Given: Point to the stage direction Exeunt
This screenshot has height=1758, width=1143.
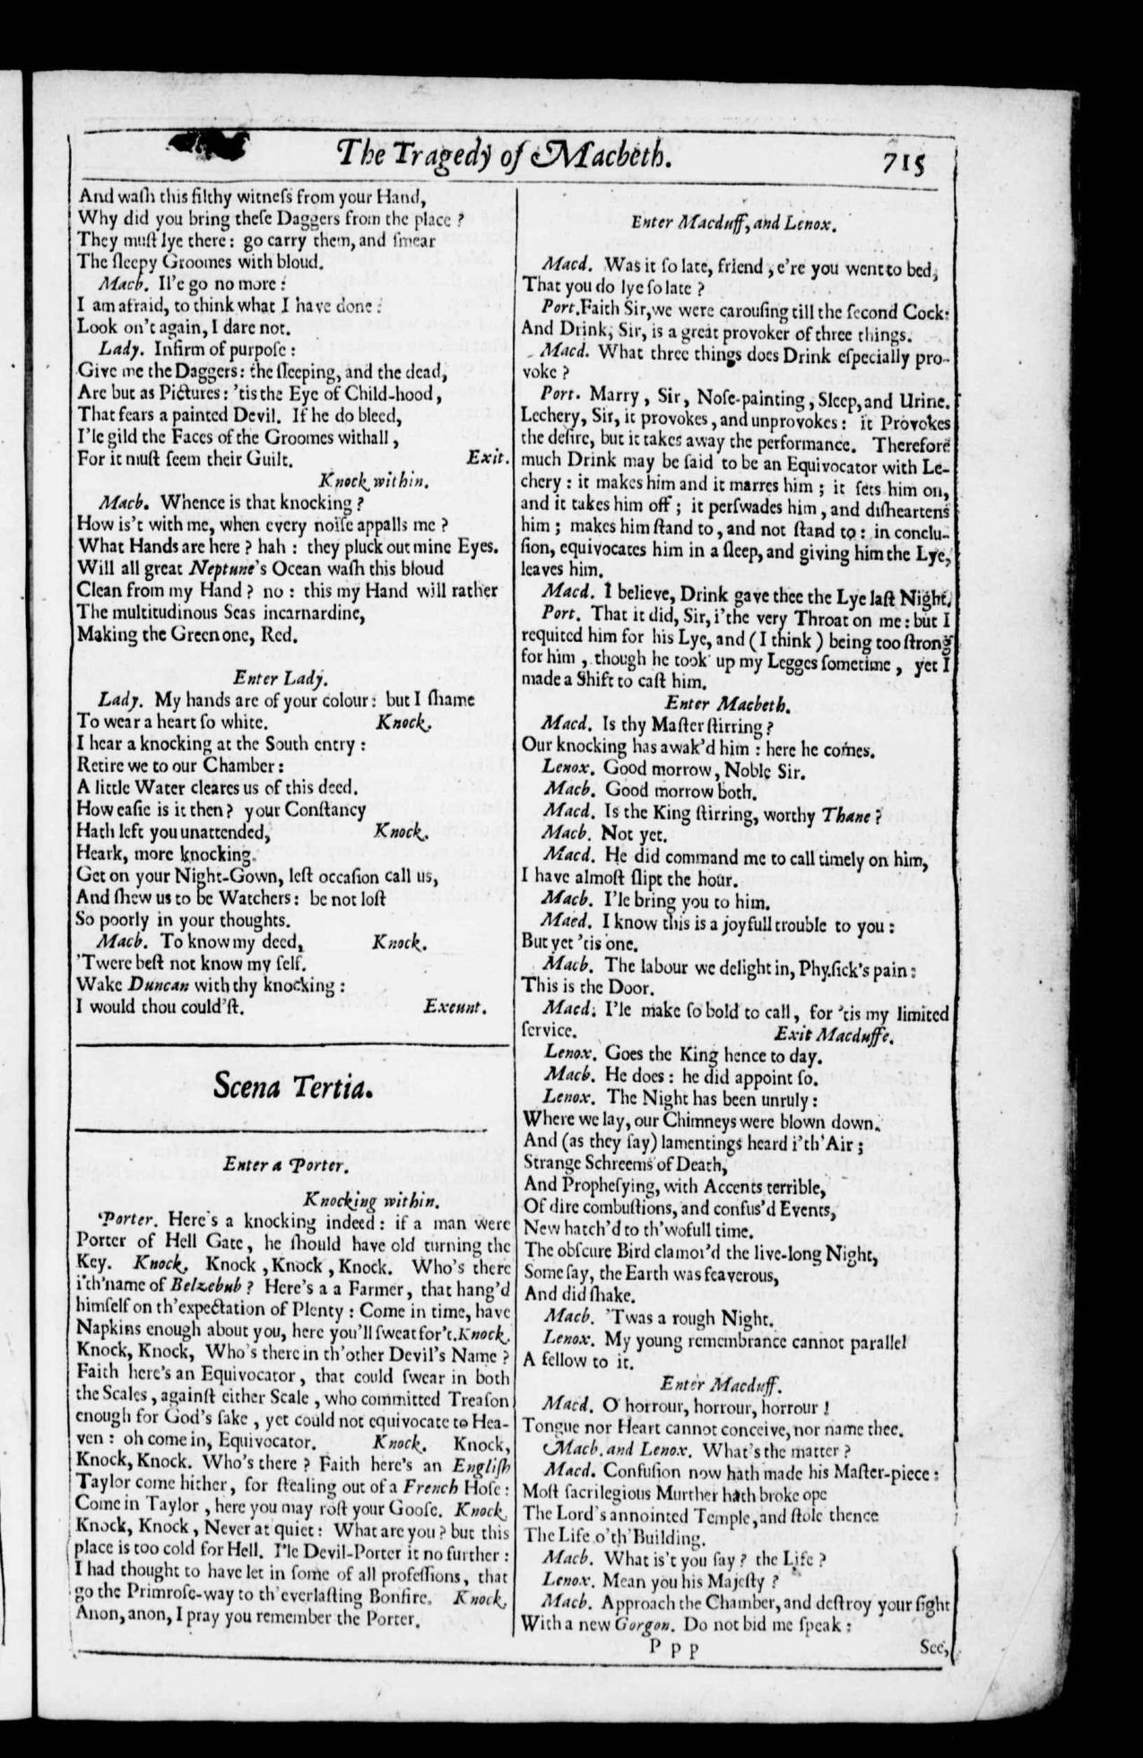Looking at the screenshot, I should coord(456,1007).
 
